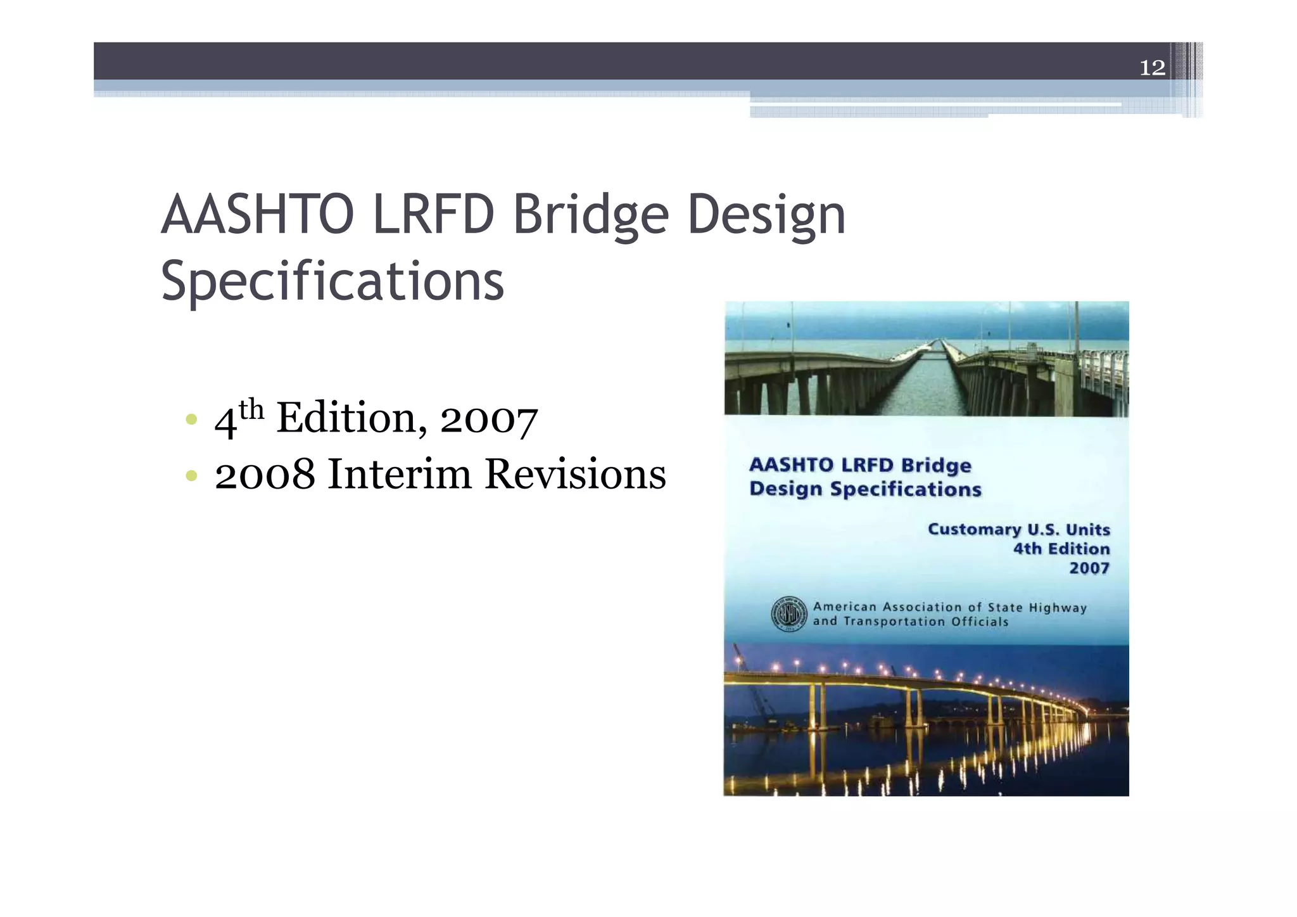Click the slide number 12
click(x=1152, y=67)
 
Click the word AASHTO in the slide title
click(x=257, y=215)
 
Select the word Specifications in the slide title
click(x=332, y=281)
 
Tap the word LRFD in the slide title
click(x=433, y=215)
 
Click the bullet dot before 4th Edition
click(x=191, y=420)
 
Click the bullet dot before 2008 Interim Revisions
click(x=191, y=475)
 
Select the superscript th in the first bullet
click(x=251, y=409)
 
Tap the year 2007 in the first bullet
click(x=488, y=420)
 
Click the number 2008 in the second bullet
click(x=265, y=474)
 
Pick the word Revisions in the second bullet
click(x=575, y=474)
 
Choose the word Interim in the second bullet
click(x=400, y=474)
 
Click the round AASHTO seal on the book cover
click(x=788, y=614)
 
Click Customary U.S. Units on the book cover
click(x=1018, y=529)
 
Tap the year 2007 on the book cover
click(x=1089, y=568)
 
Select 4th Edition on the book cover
click(x=1061, y=549)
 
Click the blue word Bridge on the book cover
click(x=936, y=465)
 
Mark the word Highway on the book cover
click(x=1058, y=608)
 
